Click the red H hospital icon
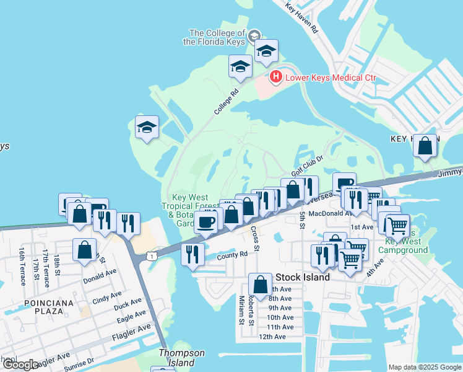click(x=275, y=78)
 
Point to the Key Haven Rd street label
click(x=302, y=17)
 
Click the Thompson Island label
click(x=181, y=358)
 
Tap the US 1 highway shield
click(x=150, y=255)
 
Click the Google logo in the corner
click(x=20, y=365)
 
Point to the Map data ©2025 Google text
click(x=425, y=367)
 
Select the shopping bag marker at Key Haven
click(x=425, y=146)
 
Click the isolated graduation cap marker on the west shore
click(x=147, y=128)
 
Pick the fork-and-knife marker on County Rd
click(x=193, y=254)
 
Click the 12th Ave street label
click(x=272, y=337)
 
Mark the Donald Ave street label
click(x=102, y=272)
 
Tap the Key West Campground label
click(x=406, y=246)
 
